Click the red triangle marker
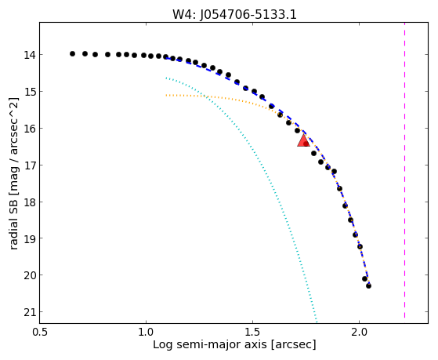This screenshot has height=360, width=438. (x=303, y=140)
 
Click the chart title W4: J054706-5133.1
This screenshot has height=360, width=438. (x=234, y=14)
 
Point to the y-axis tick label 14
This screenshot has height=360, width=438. (x=30, y=55)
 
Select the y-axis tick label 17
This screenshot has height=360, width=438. (x=30, y=165)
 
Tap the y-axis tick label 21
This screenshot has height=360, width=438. (x=30, y=312)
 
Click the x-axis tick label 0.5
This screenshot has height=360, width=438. (x=39, y=332)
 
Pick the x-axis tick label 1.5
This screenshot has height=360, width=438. (x=252, y=332)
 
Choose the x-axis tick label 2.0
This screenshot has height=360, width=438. (x=359, y=332)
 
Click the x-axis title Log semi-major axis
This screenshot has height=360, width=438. (x=210, y=344)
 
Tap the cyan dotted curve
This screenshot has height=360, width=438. (x=269, y=180)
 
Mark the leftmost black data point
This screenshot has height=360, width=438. (x=72, y=53)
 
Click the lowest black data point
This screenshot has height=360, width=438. (x=368, y=285)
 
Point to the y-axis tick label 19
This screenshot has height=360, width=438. (x=30, y=238)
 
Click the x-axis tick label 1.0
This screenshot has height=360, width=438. (x=146, y=332)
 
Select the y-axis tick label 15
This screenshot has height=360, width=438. (x=30, y=92)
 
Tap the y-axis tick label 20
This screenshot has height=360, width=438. (x=30, y=275)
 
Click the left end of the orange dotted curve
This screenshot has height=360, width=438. (x=166, y=96)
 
